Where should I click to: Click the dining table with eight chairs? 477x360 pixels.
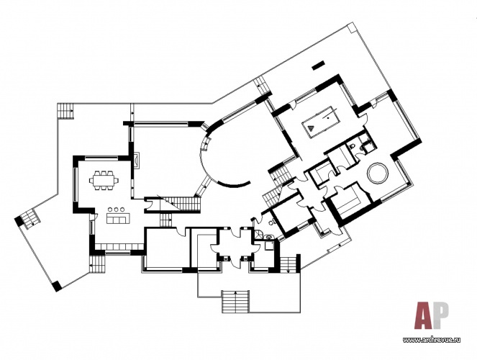(x=104, y=181)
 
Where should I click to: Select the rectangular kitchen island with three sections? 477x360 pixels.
(x=117, y=218)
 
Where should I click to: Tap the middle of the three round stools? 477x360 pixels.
(x=117, y=210)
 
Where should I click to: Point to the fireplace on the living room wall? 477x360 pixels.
(x=136, y=161)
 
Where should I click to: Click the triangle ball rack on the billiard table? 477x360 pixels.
(x=312, y=127)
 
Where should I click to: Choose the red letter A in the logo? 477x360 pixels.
(x=424, y=316)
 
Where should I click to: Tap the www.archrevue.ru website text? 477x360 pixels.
(x=432, y=340)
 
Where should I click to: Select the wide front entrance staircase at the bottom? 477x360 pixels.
(x=236, y=301)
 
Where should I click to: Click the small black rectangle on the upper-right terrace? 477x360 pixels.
(x=319, y=66)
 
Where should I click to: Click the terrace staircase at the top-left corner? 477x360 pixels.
(x=65, y=112)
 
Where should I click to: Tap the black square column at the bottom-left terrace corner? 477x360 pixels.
(x=56, y=287)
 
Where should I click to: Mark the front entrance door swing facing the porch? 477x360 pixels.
(x=235, y=262)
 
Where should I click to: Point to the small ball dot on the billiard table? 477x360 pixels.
(x=328, y=116)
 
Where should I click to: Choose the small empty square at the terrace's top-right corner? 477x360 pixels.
(x=351, y=27)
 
